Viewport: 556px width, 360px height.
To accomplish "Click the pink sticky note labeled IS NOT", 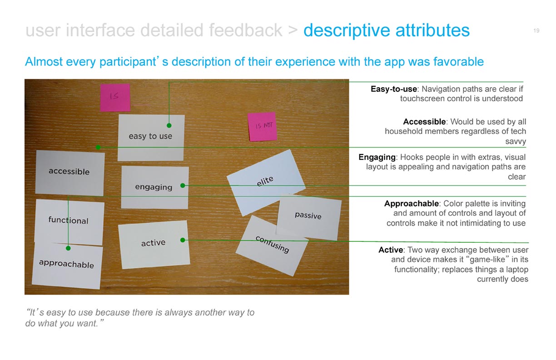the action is pyautogui.click(x=263, y=126).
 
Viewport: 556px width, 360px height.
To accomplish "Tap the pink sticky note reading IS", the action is pyautogui.click(x=115, y=97).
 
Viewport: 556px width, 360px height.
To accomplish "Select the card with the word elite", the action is pyautogui.click(x=266, y=182).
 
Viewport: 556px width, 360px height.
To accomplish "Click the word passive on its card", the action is pyautogui.click(x=308, y=215).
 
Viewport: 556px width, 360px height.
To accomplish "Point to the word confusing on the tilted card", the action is pyautogui.click(x=273, y=245).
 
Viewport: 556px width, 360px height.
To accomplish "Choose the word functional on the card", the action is pyautogui.click(x=68, y=220).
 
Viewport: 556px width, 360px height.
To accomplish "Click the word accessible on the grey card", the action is pyautogui.click(x=69, y=171).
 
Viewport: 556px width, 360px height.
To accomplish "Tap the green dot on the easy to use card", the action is pyautogui.click(x=169, y=125).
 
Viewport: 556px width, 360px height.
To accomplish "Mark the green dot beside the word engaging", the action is pyautogui.click(x=183, y=185).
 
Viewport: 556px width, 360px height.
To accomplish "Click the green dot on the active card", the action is pyautogui.click(x=183, y=240).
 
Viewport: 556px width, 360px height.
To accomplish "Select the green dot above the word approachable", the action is pyautogui.click(x=68, y=248).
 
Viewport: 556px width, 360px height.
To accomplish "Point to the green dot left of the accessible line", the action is pyautogui.click(x=98, y=147).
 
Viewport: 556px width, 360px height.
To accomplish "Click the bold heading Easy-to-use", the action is pyautogui.click(x=394, y=89).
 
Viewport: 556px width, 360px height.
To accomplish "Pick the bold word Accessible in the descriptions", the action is pyautogui.click(x=424, y=122).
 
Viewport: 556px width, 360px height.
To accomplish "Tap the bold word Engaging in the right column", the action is pyautogui.click(x=377, y=157).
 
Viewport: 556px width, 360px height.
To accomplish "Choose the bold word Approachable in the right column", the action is pyautogui.click(x=412, y=204).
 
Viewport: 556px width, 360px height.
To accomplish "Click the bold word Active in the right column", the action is pyautogui.click(x=391, y=250).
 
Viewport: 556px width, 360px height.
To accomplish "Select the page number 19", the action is pyautogui.click(x=536, y=30).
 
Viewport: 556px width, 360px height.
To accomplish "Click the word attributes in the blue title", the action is pyautogui.click(x=432, y=30).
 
